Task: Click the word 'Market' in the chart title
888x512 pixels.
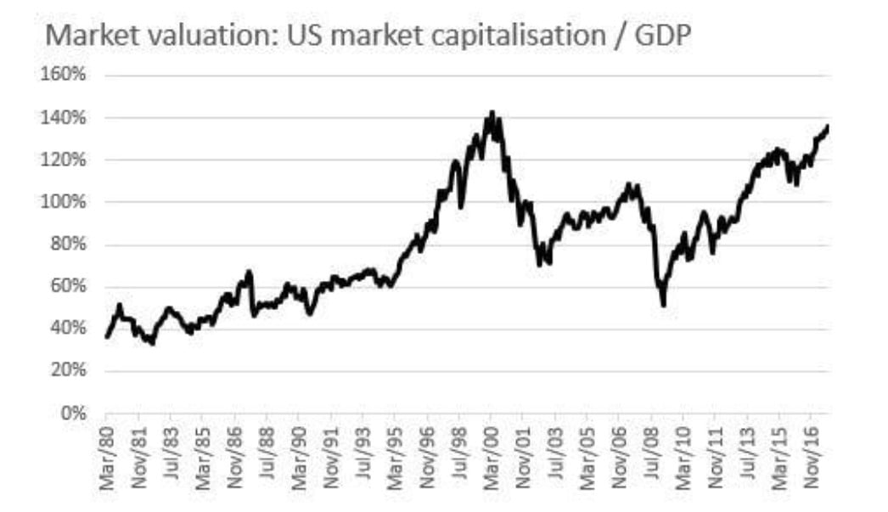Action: (x=81, y=37)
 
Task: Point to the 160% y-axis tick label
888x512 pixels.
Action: (x=65, y=75)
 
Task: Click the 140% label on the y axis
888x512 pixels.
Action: (x=65, y=117)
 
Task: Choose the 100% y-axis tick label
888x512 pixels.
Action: (x=65, y=202)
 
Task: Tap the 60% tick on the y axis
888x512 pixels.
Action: (x=68, y=287)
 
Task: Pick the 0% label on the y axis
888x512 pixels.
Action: (x=75, y=414)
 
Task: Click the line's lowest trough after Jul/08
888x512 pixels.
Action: (x=663, y=305)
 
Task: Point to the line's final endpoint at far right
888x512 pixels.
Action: (x=828, y=127)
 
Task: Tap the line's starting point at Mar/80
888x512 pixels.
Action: (x=106, y=337)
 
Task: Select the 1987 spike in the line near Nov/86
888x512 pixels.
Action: (x=249, y=273)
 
